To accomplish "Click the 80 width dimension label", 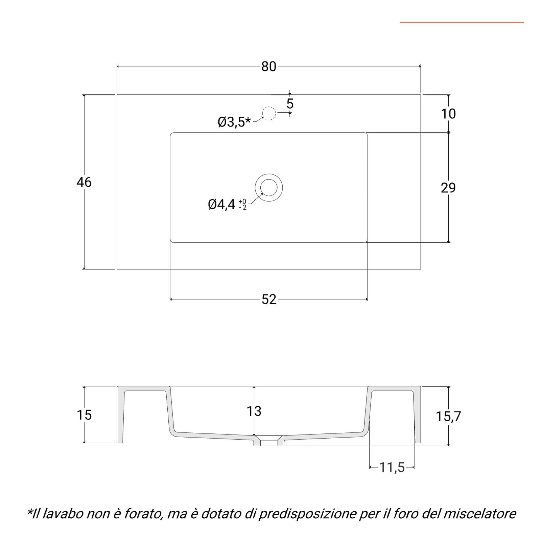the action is [x=269, y=67].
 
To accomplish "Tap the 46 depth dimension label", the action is [x=84, y=182].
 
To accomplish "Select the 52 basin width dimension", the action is [x=269, y=299].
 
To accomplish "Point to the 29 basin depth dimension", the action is [x=448, y=188].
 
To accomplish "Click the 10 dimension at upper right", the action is [x=448, y=114].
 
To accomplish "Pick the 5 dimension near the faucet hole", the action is [x=290, y=104].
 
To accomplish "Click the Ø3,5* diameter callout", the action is [x=234, y=122].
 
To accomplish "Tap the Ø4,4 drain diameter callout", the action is [x=221, y=205].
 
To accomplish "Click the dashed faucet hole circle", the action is [x=269, y=107].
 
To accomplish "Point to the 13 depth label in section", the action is [x=254, y=411].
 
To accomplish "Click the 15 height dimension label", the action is [x=84, y=415].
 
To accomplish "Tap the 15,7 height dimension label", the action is [x=448, y=416].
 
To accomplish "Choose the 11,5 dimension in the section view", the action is [x=392, y=468].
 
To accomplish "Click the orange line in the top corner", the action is [x=462, y=22].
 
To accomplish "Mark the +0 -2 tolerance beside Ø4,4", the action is [x=242, y=205].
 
